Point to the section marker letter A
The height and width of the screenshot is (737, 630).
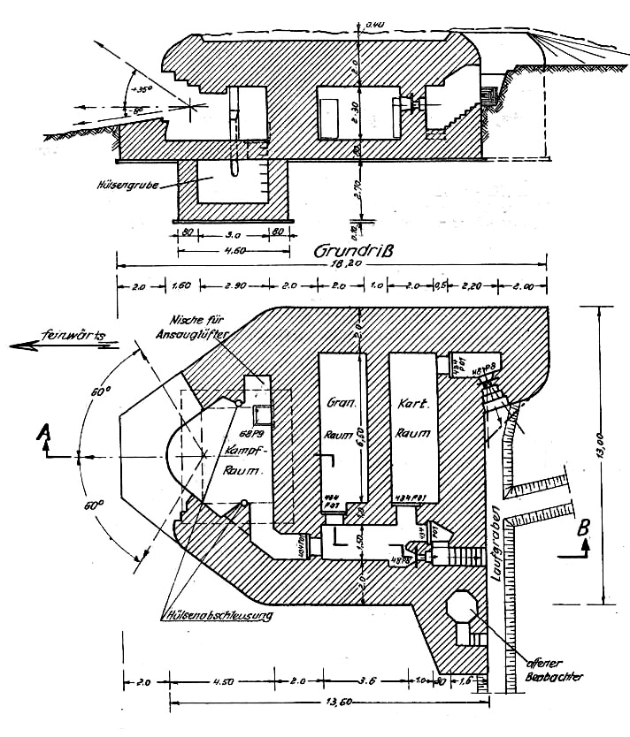point(42,432)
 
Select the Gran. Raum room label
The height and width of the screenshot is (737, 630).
point(340,418)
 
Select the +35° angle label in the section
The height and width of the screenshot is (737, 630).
point(141,89)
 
